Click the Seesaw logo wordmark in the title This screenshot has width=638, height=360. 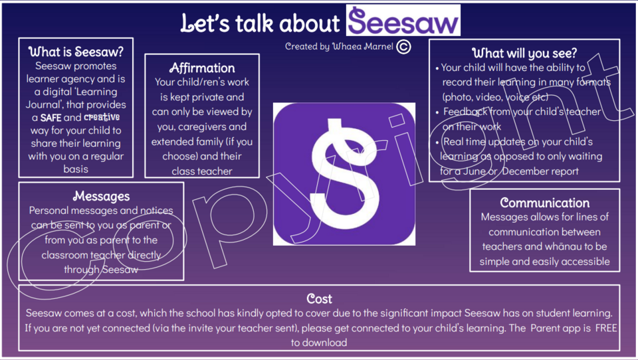(x=403, y=21)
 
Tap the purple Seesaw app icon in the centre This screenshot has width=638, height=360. (x=344, y=174)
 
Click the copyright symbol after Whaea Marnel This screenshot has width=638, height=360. (x=403, y=46)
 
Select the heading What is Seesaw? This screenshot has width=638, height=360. (x=76, y=52)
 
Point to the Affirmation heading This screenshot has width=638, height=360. (x=202, y=68)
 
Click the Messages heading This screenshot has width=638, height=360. (x=101, y=196)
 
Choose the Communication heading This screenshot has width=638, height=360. (x=544, y=203)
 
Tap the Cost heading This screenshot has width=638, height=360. (x=319, y=299)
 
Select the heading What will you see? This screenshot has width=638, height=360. (x=524, y=53)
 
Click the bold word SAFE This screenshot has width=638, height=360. (x=51, y=118)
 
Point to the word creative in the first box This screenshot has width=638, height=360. (x=102, y=117)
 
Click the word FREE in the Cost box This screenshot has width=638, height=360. (x=606, y=328)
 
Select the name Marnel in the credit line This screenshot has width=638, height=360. (x=378, y=46)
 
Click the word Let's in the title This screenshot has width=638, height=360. (x=205, y=23)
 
